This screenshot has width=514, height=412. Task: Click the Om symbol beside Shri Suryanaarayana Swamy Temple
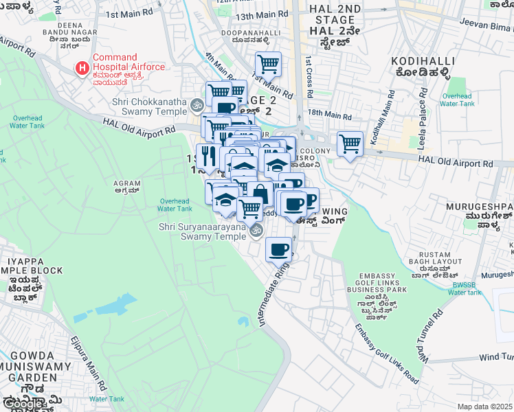(x=257, y=231)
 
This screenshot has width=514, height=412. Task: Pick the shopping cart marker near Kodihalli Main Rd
(x=350, y=144)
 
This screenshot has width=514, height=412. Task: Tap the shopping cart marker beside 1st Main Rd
(x=268, y=65)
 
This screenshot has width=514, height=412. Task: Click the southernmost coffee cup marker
(x=278, y=249)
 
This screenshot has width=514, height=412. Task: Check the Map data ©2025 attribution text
(x=484, y=407)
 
